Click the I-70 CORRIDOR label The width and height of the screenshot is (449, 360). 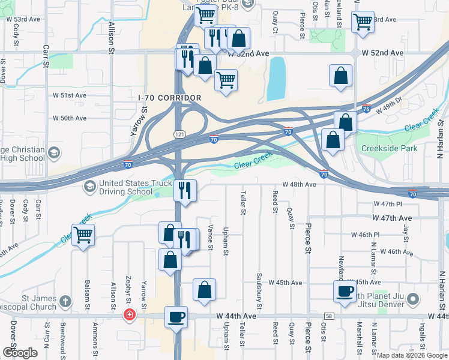tap(169, 97)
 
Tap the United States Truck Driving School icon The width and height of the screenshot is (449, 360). tap(89, 187)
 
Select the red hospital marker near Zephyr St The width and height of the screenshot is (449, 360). tap(128, 314)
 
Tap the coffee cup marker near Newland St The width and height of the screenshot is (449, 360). tap(345, 292)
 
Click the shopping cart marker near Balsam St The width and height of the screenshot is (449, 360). tap(83, 235)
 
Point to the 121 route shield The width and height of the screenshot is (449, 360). tap(179, 133)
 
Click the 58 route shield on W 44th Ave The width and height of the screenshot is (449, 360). tap(329, 316)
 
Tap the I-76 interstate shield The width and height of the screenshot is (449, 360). tap(366, 109)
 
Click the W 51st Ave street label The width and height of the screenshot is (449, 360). tap(70, 95)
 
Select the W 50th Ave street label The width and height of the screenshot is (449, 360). tap(70, 118)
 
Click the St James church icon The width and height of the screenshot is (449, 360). tap(65, 300)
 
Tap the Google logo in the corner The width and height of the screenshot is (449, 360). tap(19, 352)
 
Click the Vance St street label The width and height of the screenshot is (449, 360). tap(210, 237)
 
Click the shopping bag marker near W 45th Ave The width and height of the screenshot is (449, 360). tap(204, 289)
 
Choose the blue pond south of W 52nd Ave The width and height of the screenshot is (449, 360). tap(277, 79)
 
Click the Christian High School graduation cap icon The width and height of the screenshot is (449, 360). tap(55, 151)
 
